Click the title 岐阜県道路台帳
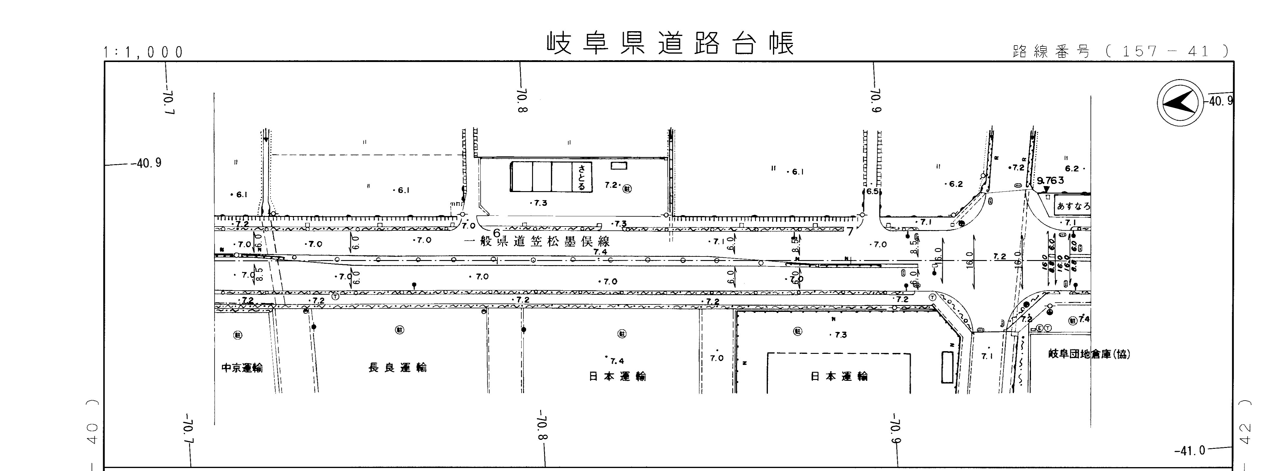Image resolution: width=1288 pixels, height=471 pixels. (670, 43)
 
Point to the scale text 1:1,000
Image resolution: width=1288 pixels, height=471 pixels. (144, 52)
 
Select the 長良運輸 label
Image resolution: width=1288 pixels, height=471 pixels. (398, 368)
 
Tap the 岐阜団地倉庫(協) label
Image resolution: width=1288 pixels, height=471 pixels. (1088, 354)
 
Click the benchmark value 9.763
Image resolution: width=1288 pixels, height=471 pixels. (1050, 180)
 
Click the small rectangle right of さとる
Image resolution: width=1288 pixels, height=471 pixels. (618, 165)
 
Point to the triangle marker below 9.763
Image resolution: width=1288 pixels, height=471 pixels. (1046, 189)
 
